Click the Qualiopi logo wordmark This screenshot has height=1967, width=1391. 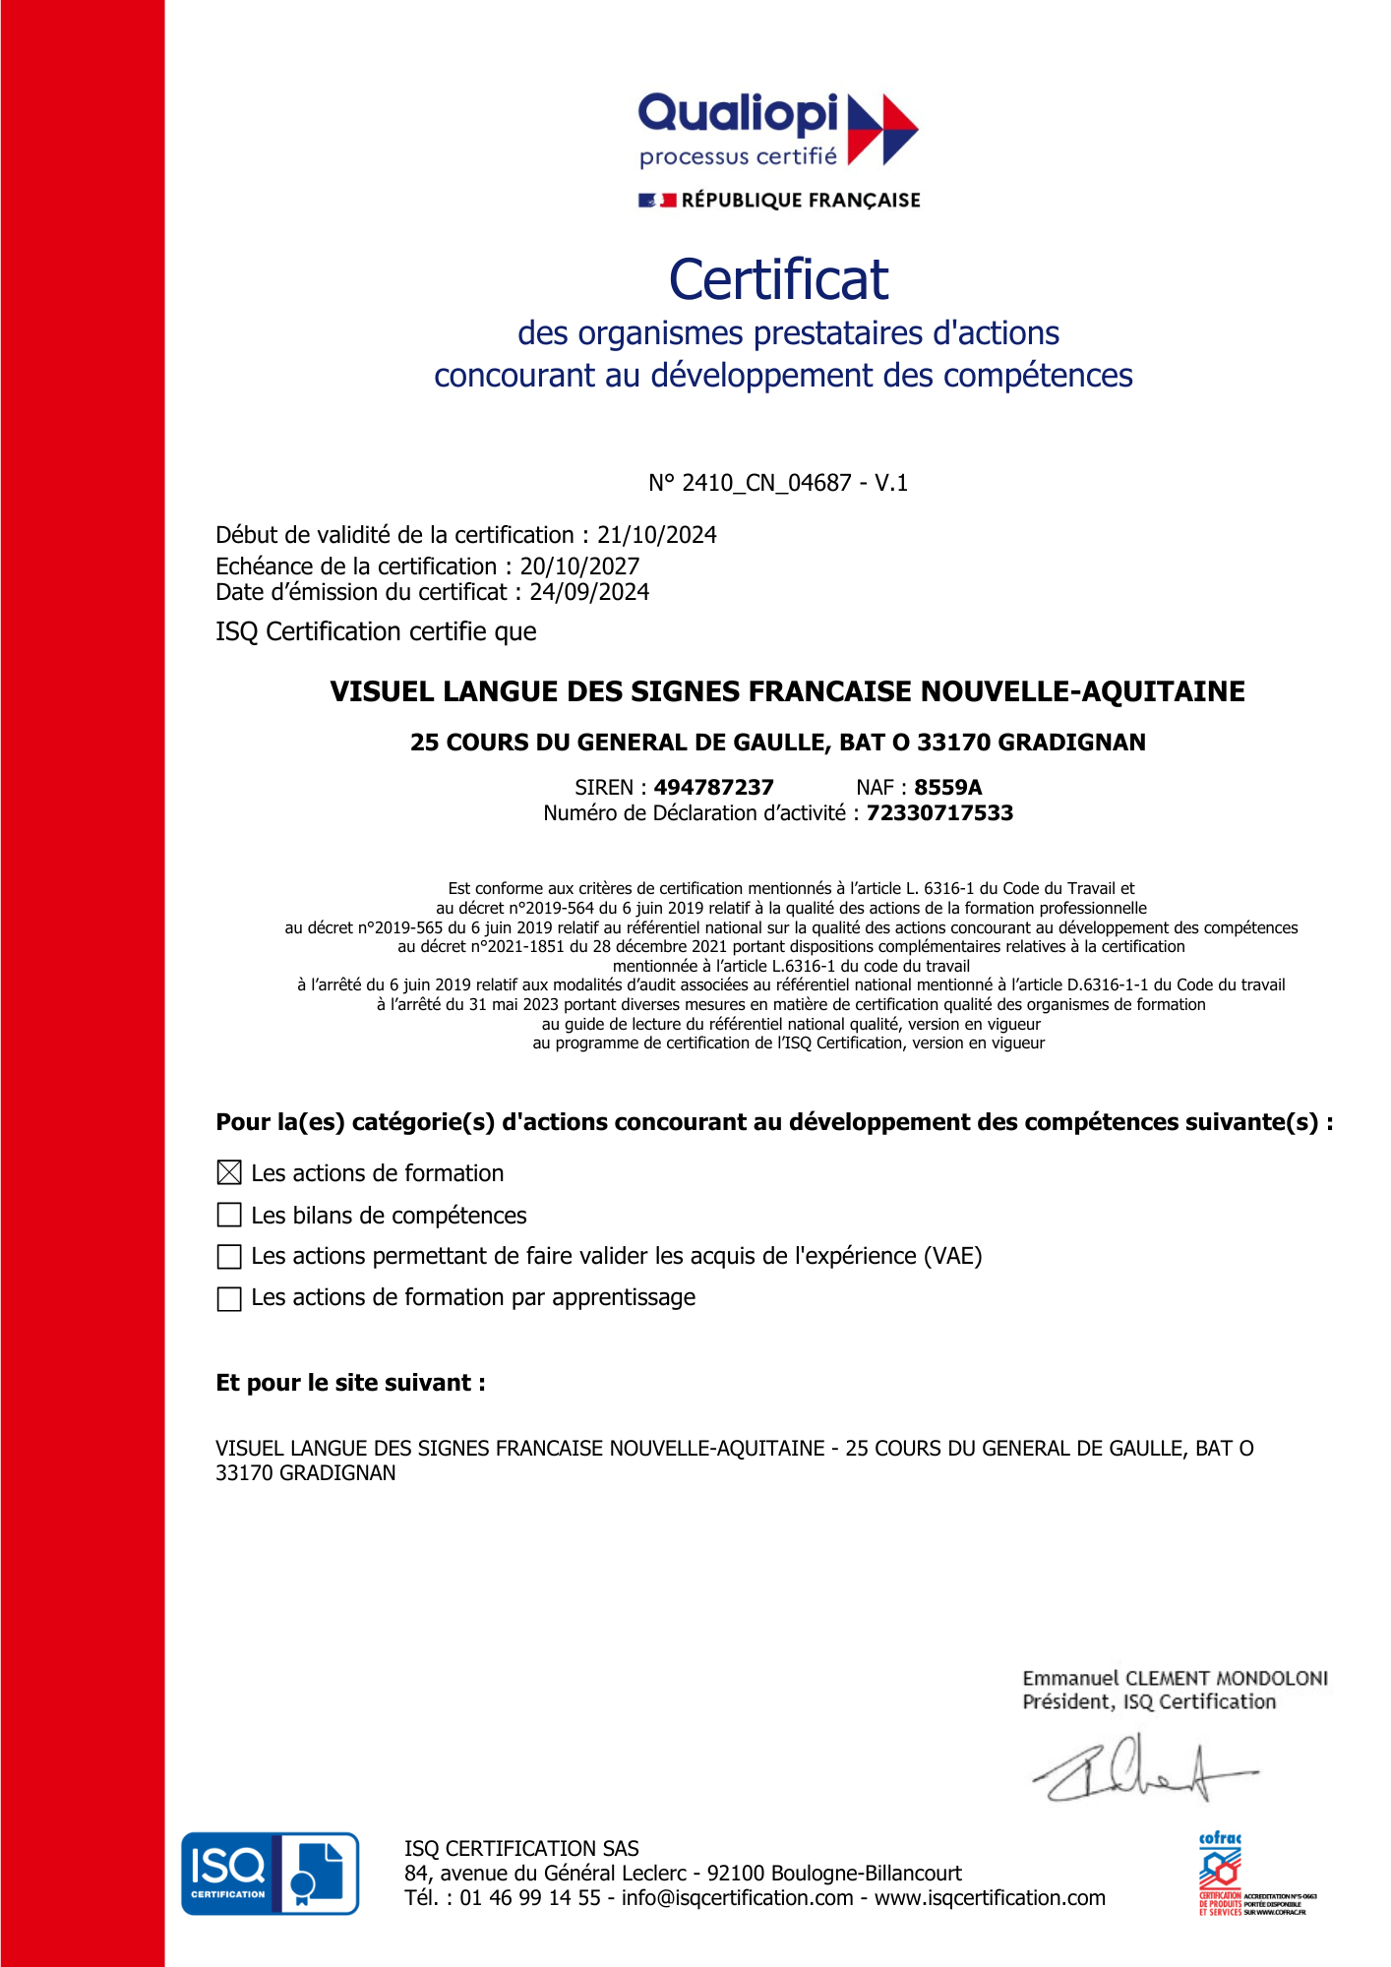[x=739, y=116]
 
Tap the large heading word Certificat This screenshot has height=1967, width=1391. [x=778, y=280]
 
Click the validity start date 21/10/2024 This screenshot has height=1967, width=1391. [x=657, y=535]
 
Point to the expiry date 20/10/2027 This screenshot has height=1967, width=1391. [x=579, y=566]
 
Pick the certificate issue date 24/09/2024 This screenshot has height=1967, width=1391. [x=589, y=592]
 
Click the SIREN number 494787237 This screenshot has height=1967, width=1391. [x=713, y=788]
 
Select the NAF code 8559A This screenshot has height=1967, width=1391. [x=947, y=788]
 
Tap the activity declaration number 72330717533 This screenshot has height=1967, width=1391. [x=939, y=813]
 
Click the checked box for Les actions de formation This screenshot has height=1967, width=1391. [x=229, y=1172]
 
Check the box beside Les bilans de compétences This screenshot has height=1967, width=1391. [x=229, y=1215]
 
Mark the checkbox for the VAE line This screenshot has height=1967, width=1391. [x=229, y=1256]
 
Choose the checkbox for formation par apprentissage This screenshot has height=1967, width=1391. [x=229, y=1298]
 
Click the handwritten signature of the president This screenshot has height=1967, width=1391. [x=1141, y=1769]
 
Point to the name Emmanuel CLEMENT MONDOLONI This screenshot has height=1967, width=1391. [x=1175, y=1678]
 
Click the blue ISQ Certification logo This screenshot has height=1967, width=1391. [x=270, y=1874]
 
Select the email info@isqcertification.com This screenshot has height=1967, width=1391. [x=737, y=1898]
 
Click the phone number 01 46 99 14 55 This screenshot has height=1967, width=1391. [x=529, y=1898]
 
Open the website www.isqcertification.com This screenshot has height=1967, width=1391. [x=990, y=1898]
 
